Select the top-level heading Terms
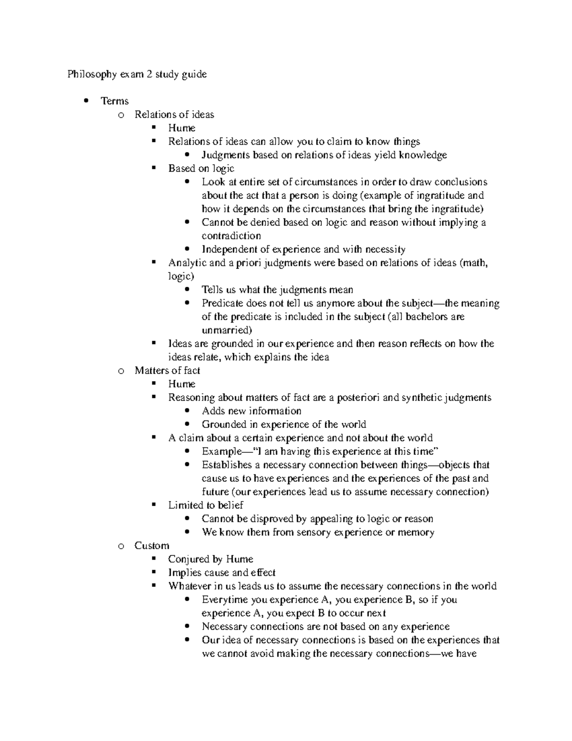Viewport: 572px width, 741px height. [114, 101]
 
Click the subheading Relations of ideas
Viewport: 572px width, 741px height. [174, 115]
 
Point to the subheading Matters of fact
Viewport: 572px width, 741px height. [167, 371]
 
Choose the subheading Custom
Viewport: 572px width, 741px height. [152, 545]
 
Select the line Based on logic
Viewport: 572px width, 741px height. [201, 168]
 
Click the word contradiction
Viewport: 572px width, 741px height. [231, 236]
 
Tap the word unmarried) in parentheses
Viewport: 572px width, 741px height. [227, 330]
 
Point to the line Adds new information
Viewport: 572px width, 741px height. [251, 411]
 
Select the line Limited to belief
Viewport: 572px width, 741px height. [205, 505]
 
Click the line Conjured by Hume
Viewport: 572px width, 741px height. [210, 559]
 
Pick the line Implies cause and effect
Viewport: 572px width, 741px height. [222, 573]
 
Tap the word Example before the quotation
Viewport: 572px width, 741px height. [221, 451]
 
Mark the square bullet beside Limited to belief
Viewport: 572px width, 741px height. [153, 505]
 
